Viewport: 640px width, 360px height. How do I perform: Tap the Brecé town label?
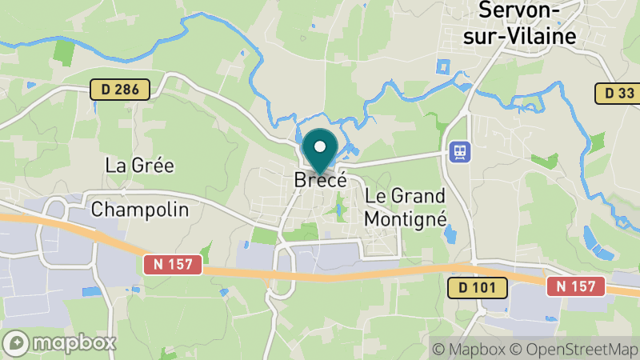(320, 180)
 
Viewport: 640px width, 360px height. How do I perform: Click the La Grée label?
(140, 166)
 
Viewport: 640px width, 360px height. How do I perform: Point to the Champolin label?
(140, 210)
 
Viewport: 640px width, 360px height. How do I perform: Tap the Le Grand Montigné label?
(405, 206)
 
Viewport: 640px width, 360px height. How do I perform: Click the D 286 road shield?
(120, 90)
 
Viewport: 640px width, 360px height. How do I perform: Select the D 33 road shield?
(618, 94)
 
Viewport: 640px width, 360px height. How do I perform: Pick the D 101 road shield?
(477, 286)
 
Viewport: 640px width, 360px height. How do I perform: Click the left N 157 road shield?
(173, 263)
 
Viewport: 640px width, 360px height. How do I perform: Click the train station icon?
(460, 150)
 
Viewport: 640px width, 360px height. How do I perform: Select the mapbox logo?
(59, 343)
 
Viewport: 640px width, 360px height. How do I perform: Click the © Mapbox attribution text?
(468, 349)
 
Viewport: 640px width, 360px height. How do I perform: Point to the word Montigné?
(405, 217)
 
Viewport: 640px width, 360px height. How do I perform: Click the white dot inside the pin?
(321, 146)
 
